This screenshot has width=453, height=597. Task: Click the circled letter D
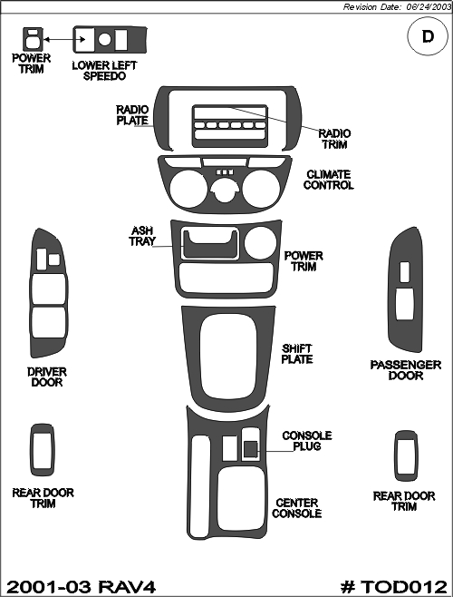(428, 37)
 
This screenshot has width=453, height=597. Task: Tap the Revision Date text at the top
(397, 7)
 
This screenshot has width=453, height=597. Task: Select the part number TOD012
(393, 587)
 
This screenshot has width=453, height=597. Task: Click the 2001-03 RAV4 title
(81, 587)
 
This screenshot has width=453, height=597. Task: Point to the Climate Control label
(328, 180)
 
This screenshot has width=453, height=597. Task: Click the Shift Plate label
(297, 354)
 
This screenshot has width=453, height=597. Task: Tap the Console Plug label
(307, 441)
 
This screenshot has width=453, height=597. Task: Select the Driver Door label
(47, 377)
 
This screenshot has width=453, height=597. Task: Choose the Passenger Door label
(406, 370)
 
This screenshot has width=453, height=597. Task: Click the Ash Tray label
(142, 236)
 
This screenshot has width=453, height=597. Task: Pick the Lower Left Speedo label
(104, 71)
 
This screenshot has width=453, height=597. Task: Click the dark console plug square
(250, 448)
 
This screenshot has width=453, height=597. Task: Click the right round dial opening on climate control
(261, 190)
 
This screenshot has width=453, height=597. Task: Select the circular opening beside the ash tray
(260, 242)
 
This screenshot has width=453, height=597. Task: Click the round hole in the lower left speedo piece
(104, 39)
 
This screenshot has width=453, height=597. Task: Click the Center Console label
(296, 508)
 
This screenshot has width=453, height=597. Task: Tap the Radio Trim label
(334, 139)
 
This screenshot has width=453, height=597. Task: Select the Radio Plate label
(132, 115)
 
